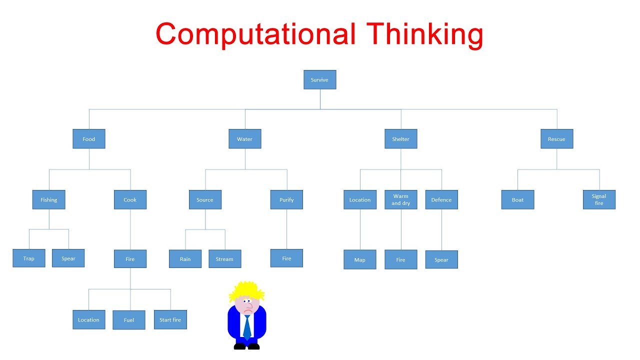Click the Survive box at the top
click(x=319, y=80)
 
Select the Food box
click(x=89, y=139)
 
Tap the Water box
click(x=245, y=139)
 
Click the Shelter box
click(x=400, y=139)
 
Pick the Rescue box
click(x=556, y=139)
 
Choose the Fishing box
click(x=48, y=199)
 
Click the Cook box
click(x=130, y=199)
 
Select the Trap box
click(x=29, y=258)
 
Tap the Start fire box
click(x=170, y=319)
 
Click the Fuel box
click(x=128, y=320)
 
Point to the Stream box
click(x=224, y=259)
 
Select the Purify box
click(x=286, y=199)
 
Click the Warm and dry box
click(x=400, y=199)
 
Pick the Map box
click(x=359, y=259)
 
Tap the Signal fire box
click(x=599, y=199)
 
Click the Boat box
click(x=517, y=199)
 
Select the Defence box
click(x=441, y=199)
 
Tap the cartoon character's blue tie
click(x=247, y=327)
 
